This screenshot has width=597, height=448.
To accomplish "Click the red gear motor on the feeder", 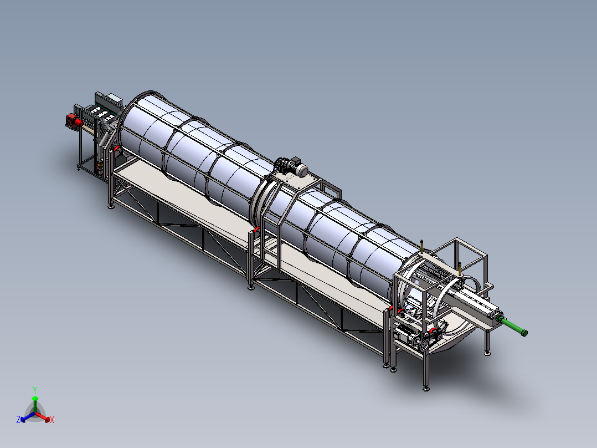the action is click(74, 121).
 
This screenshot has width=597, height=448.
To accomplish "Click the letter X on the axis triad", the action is click(52, 420).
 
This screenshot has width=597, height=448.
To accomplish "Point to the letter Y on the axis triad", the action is click(35, 390).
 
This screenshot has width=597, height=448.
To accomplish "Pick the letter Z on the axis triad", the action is click(18, 420).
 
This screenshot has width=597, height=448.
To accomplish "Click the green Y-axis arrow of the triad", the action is click(35, 404).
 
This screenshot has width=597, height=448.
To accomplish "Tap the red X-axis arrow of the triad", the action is click(43, 416).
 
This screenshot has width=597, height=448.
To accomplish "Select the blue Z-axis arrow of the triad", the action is click(28, 416).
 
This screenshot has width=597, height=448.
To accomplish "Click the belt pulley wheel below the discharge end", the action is click(423, 344).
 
